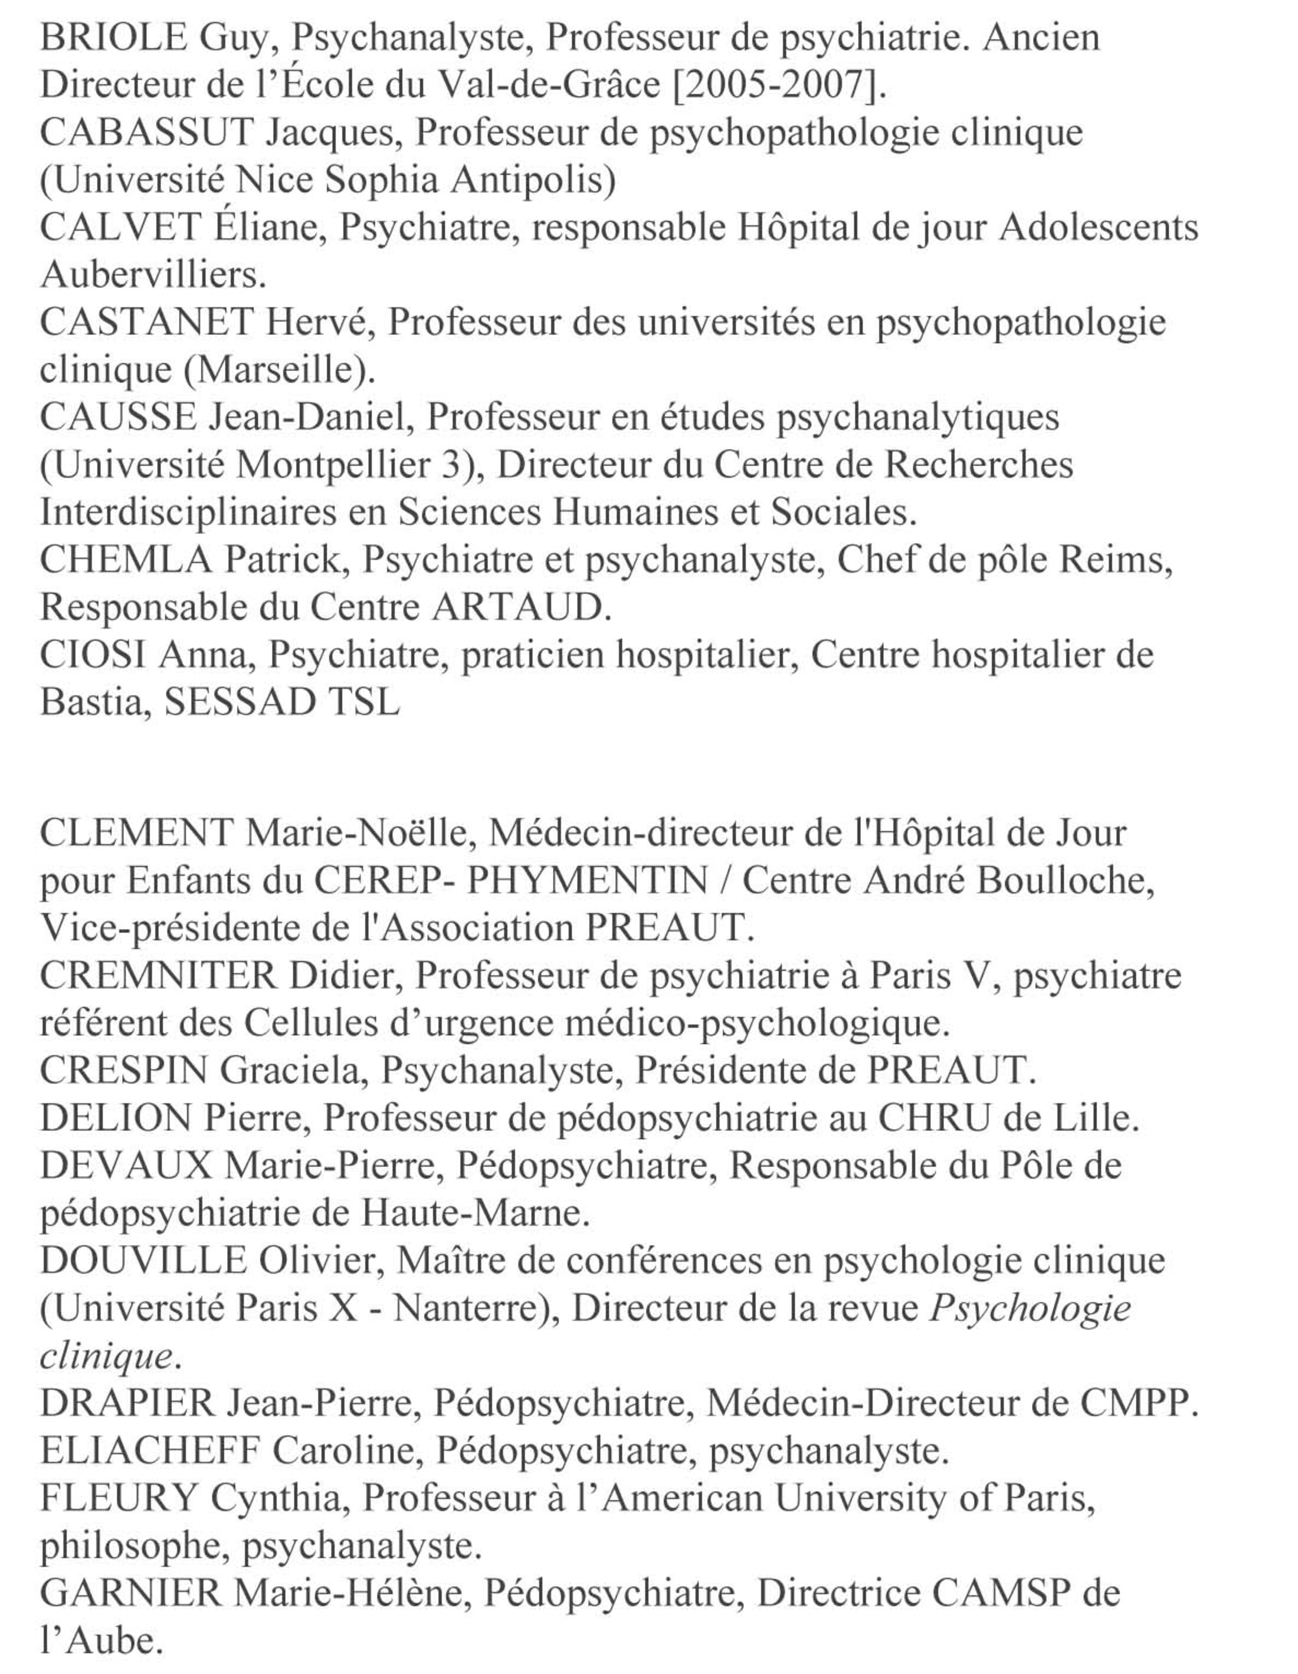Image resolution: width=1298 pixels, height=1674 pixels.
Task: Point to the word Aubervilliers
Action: click(153, 274)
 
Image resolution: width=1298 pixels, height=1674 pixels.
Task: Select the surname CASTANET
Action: click(146, 322)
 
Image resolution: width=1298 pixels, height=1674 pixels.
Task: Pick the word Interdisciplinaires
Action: click(188, 512)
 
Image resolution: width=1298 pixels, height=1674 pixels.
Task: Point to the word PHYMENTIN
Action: click(586, 880)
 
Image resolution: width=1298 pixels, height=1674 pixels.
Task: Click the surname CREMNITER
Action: click(157, 975)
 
